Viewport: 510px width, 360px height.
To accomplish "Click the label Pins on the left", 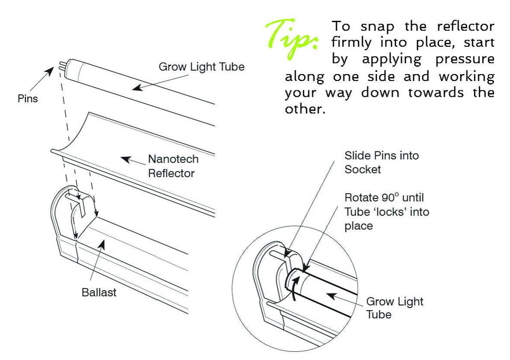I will (27, 99).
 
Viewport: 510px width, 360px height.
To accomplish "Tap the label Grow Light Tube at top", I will (201, 67).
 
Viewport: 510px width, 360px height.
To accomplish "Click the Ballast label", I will (99, 292).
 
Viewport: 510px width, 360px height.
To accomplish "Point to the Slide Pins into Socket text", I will (381, 162).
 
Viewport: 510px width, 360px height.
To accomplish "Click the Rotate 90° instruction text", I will (386, 211).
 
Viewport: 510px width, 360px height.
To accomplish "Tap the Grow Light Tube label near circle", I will (394, 308).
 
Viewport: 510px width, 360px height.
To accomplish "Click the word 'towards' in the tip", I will (430, 93).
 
